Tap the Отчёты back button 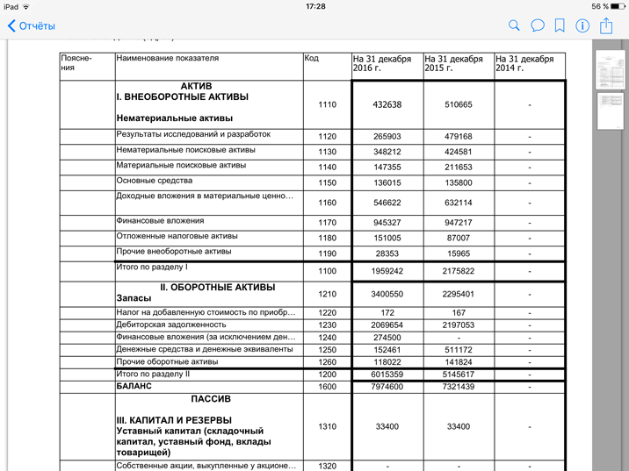(32, 26)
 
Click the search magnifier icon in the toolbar (514, 26)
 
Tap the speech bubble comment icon (537, 26)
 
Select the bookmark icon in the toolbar (560, 26)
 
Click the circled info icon (582, 26)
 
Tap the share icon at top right (606, 25)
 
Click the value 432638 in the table (387, 104)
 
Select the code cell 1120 (327, 137)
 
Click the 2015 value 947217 (458, 223)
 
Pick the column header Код (312, 59)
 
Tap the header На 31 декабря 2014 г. (524, 64)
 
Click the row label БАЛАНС (134, 386)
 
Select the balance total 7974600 (387, 387)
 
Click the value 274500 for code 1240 (387, 337)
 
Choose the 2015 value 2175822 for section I (458, 272)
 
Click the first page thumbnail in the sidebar (610, 69)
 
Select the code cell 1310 (327, 426)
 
